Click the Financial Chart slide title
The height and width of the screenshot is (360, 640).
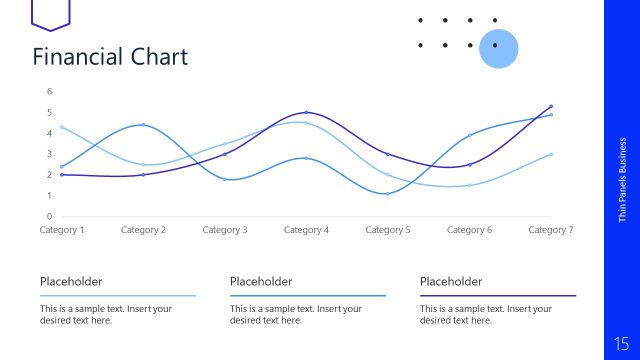pyautogui.click(x=110, y=56)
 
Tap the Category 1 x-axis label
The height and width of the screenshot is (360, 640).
pyautogui.click(x=62, y=230)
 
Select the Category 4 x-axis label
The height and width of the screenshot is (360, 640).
pyautogui.click(x=306, y=230)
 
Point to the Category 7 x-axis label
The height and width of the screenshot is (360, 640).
pyautogui.click(x=550, y=230)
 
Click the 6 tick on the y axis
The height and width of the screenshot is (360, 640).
pyautogui.click(x=49, y=92)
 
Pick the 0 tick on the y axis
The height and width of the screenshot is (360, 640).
pyautogui.click(x=49, y=216)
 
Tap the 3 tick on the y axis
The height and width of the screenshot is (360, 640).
pyautogui.click(x=49, y=154)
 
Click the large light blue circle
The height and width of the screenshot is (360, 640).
pyautogui.click(x=498, y=47)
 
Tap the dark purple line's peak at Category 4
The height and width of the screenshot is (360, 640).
pyautogui.click(x=306, y=112)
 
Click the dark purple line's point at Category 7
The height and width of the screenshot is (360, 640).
pyautogui.click(x=550, y=106)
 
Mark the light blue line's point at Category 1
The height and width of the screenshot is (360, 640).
pyautogui.click(x=62, y=127)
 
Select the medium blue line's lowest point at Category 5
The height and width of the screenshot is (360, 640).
pyautogui.click(x=387, y=193)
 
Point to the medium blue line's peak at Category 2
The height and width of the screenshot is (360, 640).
pyautogui.click(x=143, y=125)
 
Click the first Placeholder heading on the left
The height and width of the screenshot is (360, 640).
pyautogui.click(x=71, y=282)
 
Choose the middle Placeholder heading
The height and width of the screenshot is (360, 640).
pyautogui.click(x=261, y=282)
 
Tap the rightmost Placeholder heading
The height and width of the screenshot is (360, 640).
pyautogui.click(x=451, y=282)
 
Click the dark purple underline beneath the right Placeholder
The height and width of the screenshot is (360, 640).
pyautogui.click(x=498, y=296)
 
